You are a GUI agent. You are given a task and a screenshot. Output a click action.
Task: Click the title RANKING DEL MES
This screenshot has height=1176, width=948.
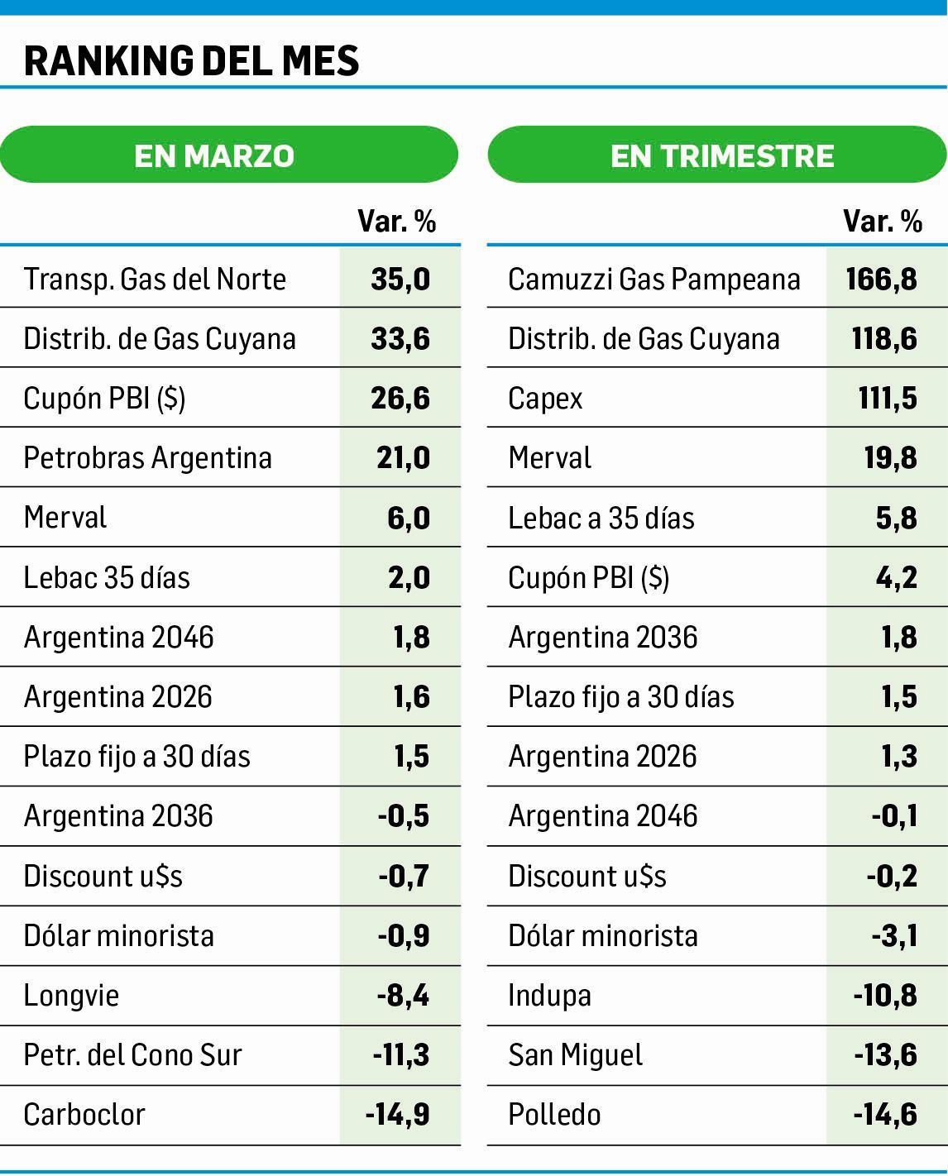(x=192, y=60)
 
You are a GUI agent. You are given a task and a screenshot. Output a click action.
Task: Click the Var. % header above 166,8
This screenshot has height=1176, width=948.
(x=882, y=221)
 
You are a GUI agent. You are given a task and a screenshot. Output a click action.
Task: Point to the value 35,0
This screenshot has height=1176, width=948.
(x=400, y=280)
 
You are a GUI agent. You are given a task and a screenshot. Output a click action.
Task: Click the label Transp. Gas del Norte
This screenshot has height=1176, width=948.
(x=155, y=280)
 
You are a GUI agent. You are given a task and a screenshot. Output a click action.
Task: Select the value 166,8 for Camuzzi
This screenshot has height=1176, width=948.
(x=882, y=280)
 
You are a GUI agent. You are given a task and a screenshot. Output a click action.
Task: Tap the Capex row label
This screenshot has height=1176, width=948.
(x=545, y=399)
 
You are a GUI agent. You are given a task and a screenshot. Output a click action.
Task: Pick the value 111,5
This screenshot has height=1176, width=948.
(x=888, y=399)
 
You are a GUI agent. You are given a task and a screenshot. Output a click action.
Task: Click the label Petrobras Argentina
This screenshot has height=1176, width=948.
(x=147, y=458)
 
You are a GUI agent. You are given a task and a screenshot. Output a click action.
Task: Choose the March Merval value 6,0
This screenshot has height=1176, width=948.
(x=408, y=519)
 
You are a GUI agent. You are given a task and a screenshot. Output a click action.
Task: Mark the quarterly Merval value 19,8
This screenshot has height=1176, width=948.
(x=890, y=458)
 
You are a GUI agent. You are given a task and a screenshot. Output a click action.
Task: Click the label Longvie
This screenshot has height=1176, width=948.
(x=71, y=996)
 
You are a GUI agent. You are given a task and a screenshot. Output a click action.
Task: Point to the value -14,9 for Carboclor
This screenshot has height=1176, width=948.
(x=398, y=1115)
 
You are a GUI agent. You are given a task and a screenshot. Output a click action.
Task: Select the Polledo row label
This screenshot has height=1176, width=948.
(x=554, y=1115)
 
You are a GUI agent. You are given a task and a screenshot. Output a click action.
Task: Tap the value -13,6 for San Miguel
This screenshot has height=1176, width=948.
(x=885, y=1055)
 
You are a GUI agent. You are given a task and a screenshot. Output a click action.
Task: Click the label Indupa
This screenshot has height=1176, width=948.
(x=549, y=996)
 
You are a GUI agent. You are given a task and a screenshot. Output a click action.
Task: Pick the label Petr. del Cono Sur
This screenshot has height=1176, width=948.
(x=132, y=1055)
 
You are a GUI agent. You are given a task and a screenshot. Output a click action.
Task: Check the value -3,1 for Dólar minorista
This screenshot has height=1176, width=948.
(x=894, y=936)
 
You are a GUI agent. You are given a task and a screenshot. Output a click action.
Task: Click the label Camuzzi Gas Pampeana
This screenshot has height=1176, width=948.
(x=654, y=280)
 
